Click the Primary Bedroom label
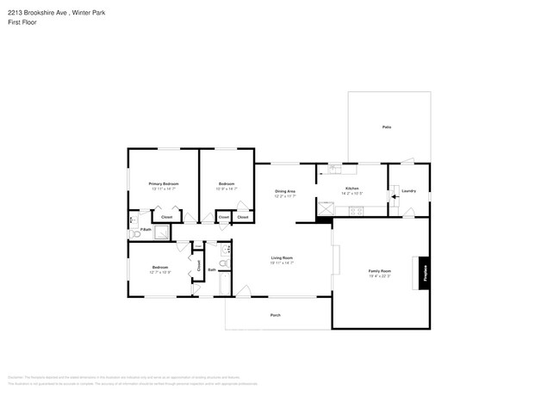click(164, 183)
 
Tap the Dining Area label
click(285, 191)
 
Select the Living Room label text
click(283, 258)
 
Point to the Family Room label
click(380, 271)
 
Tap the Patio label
click(387, 127)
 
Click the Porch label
click(276, 315)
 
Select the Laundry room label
click(408, 190)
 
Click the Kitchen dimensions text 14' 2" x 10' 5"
click(352, 193)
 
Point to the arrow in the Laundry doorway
click(395, 196)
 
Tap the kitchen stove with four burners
click(327, 207)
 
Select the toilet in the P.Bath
click(134, 233)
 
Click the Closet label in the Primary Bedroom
click(166, 217)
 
